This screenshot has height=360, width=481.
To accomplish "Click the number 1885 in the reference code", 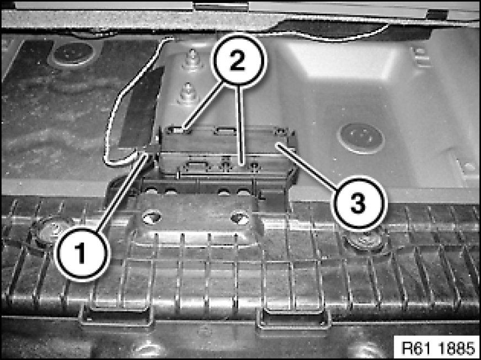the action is coord(458,348).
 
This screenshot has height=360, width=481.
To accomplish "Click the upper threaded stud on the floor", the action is coord(191,60).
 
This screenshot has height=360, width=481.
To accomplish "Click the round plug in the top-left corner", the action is coord(72,53).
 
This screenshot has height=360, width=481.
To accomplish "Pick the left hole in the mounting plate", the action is coord(152,218).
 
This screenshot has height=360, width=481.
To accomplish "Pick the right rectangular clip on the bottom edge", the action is coord(293,318).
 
